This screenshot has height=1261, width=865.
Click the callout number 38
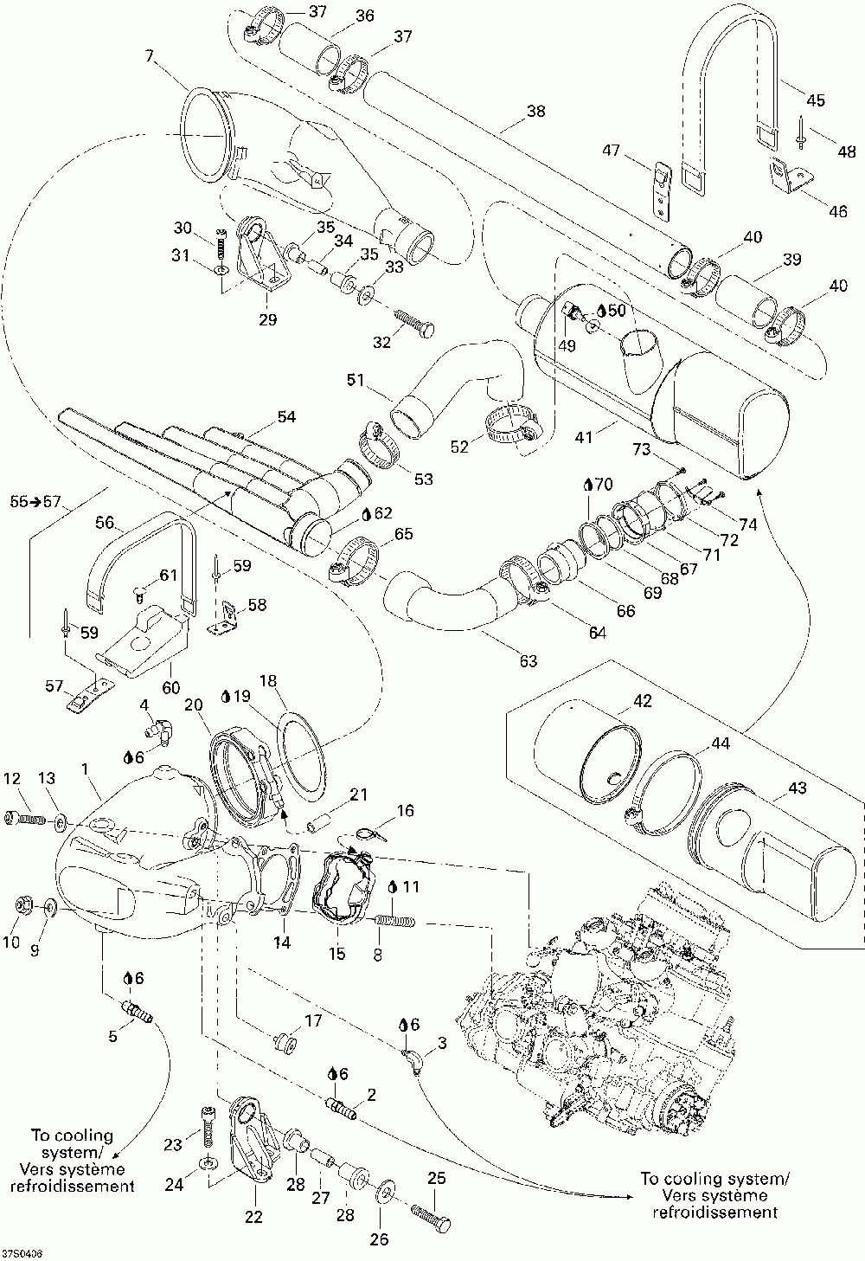click(535, 111)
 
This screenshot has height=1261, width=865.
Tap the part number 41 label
click(584, 435)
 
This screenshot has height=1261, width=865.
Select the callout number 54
click(286, 416)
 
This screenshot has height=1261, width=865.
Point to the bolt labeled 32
click(417, 324)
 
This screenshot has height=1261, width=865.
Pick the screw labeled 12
click(23, 819)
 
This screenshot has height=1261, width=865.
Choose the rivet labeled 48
click(801, 133)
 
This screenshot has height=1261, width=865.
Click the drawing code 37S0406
click(22, 1253)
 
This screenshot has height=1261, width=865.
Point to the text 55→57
click(35, 501)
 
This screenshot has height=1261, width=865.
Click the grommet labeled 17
click(285, 1043)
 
